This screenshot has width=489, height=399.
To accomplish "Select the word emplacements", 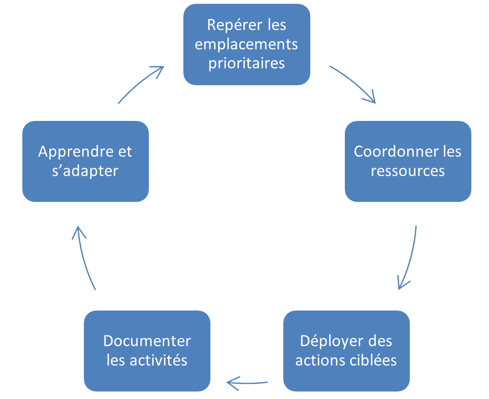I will (247, 44).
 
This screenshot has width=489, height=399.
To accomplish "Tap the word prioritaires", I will (247, 63).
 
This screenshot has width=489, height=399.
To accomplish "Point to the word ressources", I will (408, 171).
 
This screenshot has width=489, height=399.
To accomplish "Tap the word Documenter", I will (147, 341).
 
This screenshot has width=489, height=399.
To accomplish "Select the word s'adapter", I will (85, 171).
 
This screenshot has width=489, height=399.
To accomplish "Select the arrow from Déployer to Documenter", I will (247, 382).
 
